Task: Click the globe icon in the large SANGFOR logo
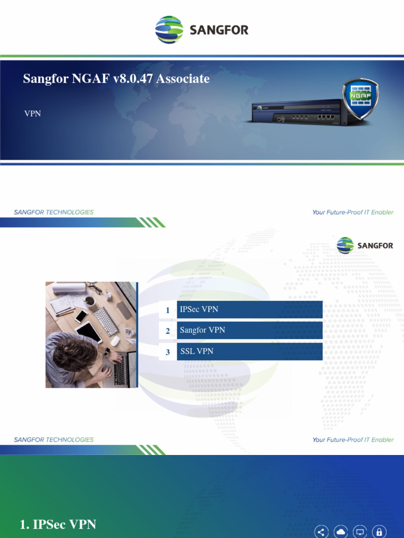pos(169,29)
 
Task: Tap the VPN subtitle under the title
pos(33,113)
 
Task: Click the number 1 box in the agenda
pos(168,310)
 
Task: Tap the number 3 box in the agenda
pos(168,352)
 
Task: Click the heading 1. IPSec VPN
pos(58,524)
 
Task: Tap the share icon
pos(322,531)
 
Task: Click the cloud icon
pos(341,531)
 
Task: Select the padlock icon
pos(379,531)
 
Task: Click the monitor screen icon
pos(360,531)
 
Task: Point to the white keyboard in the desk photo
pos(106,321)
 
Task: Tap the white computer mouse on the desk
pos(115,340)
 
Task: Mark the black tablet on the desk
pos(88,332)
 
